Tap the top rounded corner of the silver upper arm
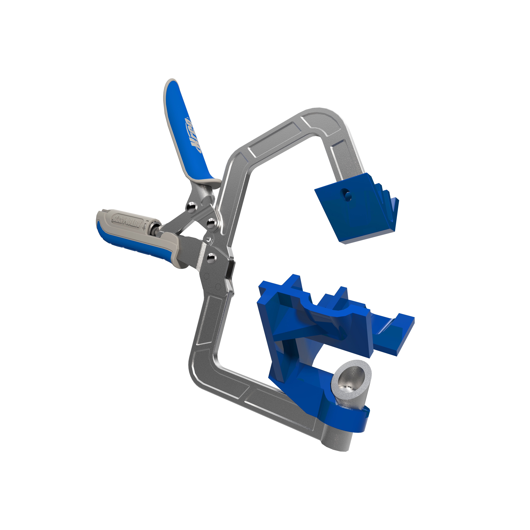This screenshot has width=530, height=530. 325,115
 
